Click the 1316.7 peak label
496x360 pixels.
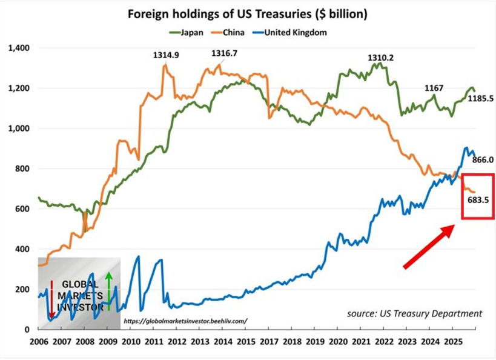point(224,53)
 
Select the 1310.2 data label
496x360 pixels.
point(381,58)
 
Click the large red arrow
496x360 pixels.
point(429,245)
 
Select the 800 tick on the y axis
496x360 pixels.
point(25,168)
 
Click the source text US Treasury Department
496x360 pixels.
point(414,313)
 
